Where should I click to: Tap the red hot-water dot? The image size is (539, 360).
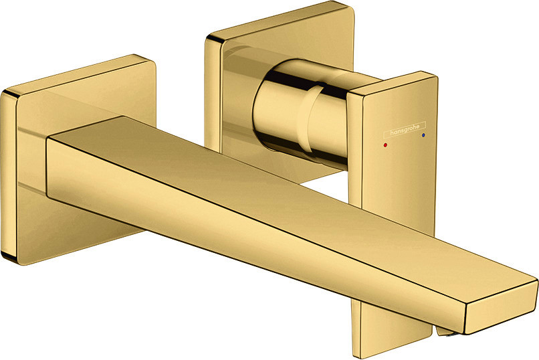(385, 145)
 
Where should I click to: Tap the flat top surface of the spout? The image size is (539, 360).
(275, 193)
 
